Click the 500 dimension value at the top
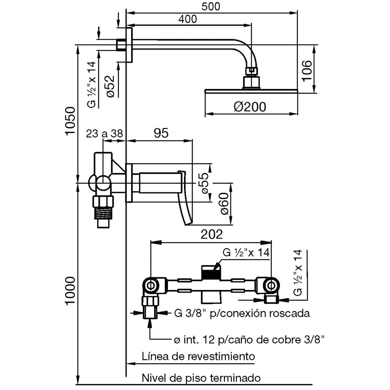tap(211, 6)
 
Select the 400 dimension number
tap(187, 19)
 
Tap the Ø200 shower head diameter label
tap(250, 107)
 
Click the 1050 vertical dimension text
tap(70, 121)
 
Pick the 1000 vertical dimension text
tap(70, 291)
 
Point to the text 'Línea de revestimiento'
tap(198, 357)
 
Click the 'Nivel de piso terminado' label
tap(201, 378)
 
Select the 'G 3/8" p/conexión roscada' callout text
tap(241, 313)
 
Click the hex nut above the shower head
tap(252, 70)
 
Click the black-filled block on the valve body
tap(211, 273)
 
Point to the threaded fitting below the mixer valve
tap(104, 213)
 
